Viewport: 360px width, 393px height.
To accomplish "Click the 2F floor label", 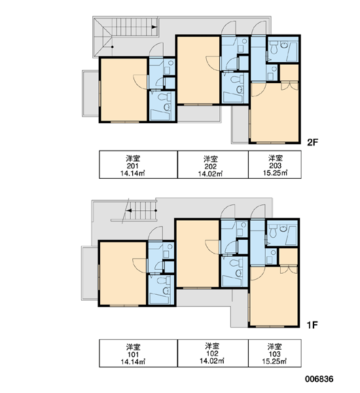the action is point(312,142).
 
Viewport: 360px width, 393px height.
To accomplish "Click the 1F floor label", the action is point(312,325).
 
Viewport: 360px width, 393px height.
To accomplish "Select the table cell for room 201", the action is point(138,164).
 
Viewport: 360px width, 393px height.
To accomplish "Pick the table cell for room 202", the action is point(213,164).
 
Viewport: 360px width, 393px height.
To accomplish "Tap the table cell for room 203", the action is point(275,164).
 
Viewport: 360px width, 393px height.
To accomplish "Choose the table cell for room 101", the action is point(138,354).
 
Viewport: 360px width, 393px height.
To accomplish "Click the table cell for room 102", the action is point(213,354).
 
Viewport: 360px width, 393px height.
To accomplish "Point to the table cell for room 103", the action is point(275,354).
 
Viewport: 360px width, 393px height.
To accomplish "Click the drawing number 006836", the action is point(319,379).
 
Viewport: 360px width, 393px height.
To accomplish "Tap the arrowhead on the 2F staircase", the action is point(154,27).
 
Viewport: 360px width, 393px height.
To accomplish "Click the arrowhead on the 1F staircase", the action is point(129,210).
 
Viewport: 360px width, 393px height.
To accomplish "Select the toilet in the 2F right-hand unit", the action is point(273,48).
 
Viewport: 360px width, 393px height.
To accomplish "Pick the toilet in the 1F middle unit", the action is point(236,263).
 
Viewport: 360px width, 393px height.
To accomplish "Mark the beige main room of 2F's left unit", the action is point(124,90).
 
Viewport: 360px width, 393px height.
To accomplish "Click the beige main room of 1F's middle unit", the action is point(198,253).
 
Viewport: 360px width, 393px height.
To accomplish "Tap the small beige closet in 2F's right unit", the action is point(289,73).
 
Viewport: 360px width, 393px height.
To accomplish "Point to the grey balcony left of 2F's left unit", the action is point(91,94).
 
